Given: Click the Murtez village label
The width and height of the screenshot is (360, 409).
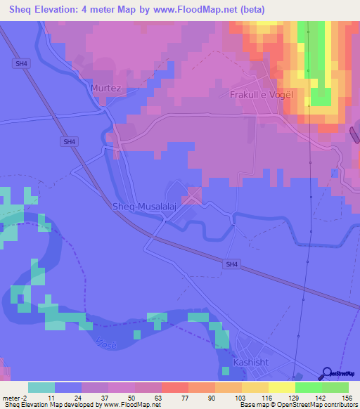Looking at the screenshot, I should pyautogui.click(x=105, y=89).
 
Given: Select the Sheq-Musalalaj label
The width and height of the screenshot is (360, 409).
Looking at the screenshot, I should pyautogui.click(x=143, y=207).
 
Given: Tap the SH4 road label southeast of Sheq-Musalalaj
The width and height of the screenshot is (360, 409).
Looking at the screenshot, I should pyautogui.click(x=233, y=264).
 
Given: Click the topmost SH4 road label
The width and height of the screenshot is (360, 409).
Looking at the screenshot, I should pyautogui.click(x=22, y=63).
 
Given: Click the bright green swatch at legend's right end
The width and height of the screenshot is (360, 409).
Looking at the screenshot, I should pyautogui.click(x=335, y=387).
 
